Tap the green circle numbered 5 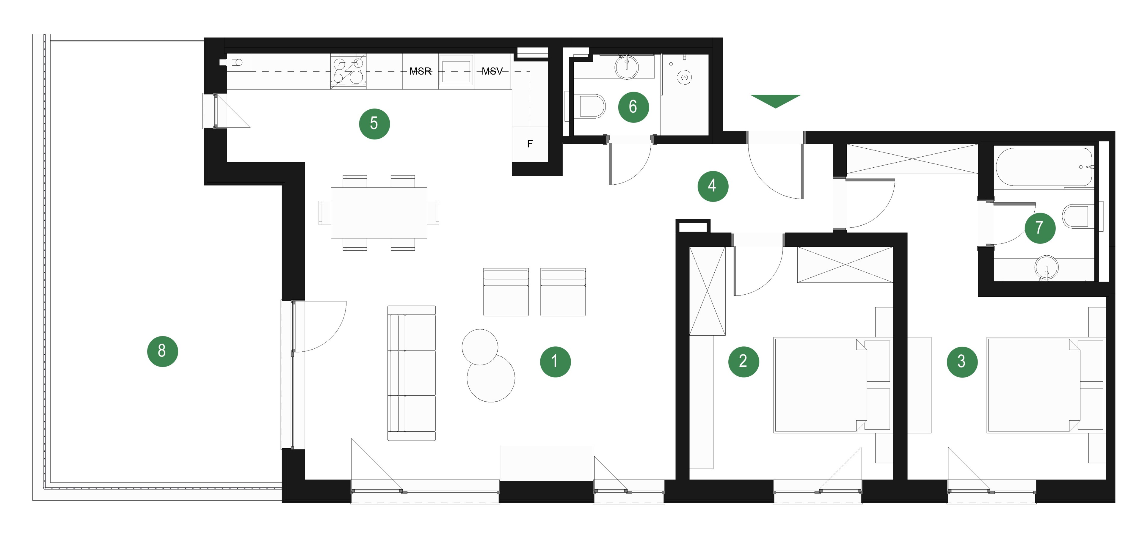[x=374, y=124]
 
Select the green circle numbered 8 [x=162, y=351]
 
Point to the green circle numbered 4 [x=713, y=186]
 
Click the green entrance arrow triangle [x=775, y=100]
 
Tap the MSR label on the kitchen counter [x=420, y=71]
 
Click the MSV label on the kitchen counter [x=492, y=71]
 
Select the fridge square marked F [x=530, y=144]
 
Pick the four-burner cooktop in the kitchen [x=349, y=71]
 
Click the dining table [x=379, y=213]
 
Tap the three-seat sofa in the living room [x=411, y=373]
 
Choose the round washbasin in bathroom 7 [x=1047, y=267]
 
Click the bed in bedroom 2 [x=820, y=385]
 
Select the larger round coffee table [x=491, y=378]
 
